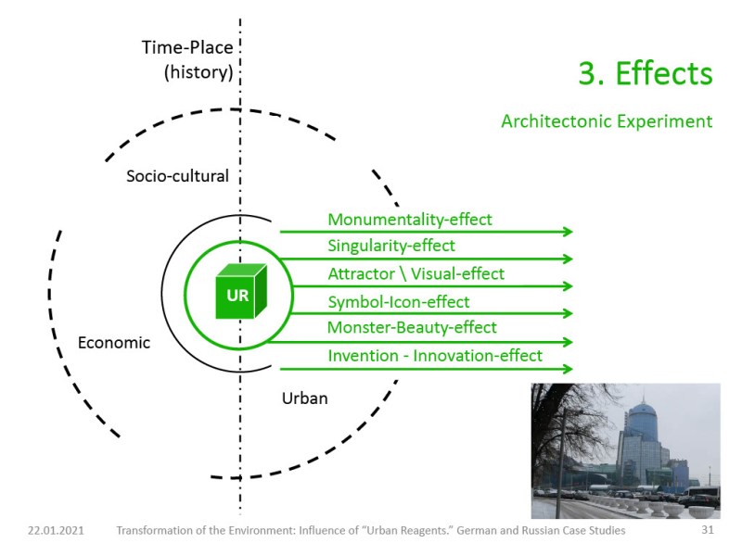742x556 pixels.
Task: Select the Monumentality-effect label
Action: click(409, 220)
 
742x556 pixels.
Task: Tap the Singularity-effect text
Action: click(390, 246)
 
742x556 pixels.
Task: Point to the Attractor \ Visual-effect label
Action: click(416, 274)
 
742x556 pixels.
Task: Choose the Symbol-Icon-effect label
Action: click(398, 301)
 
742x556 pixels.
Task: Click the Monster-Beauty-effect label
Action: click(412, 327)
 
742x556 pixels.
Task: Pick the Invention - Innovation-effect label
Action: click(434, 355)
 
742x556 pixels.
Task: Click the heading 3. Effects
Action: click(646, 74)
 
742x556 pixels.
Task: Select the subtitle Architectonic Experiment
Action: click(607, 121)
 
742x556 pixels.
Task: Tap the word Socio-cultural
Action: click(177, 175)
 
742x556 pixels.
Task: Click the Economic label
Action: click(113, 342)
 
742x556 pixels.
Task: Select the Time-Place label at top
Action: click(186, 47)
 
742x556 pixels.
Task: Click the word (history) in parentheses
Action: click(198, 71)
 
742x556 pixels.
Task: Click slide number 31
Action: click(708, 531)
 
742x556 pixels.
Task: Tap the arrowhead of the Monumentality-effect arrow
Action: click(568, 232)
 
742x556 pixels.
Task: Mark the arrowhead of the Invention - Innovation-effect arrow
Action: click(568, 369)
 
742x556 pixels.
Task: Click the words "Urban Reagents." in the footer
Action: click(410, 531)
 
